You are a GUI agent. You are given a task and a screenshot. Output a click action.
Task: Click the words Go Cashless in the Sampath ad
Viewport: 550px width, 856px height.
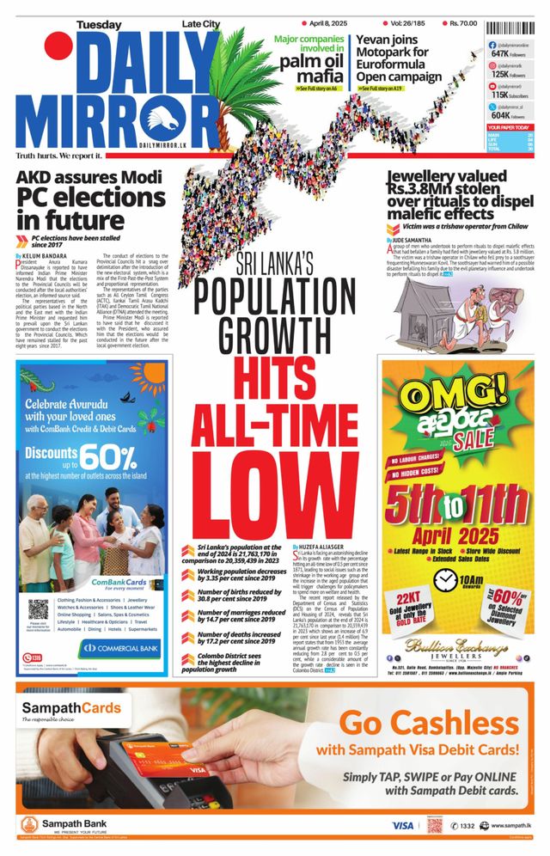coord(429,721)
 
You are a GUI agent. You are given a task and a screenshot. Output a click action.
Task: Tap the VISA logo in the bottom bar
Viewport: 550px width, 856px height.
coord(402,824)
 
